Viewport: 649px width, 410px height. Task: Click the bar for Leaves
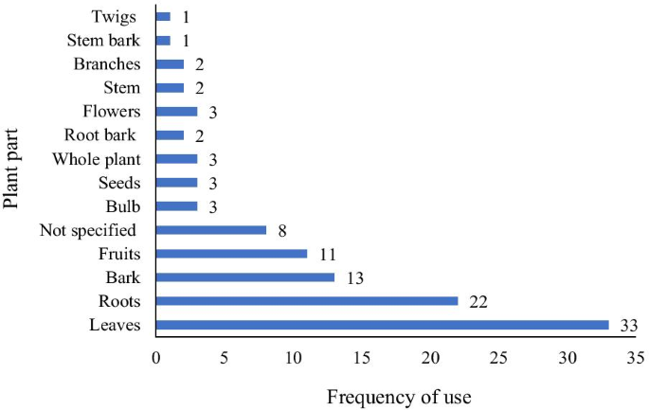click(382, 325)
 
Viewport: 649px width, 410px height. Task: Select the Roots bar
click(307, 301)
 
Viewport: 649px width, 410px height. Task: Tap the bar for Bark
click(244, 277)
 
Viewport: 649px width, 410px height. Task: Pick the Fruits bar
click(231, 254)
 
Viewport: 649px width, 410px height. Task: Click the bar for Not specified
click(210, 230)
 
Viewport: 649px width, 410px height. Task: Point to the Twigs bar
click(163, 17)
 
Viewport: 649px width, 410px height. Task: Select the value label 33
click(628, 325)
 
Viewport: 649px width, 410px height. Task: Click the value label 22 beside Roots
click(478, 301)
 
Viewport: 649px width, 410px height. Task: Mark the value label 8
click(283, 230)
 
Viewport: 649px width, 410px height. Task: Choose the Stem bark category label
click(104, 40)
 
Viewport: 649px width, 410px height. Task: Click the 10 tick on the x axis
click(293, 359)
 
